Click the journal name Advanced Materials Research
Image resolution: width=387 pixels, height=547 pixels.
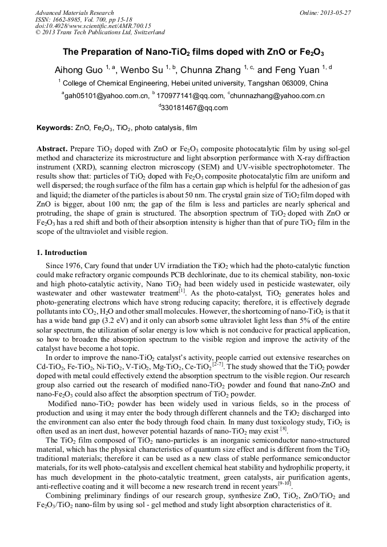pos(74,13)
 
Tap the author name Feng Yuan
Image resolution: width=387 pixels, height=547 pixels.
pos(295,70)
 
